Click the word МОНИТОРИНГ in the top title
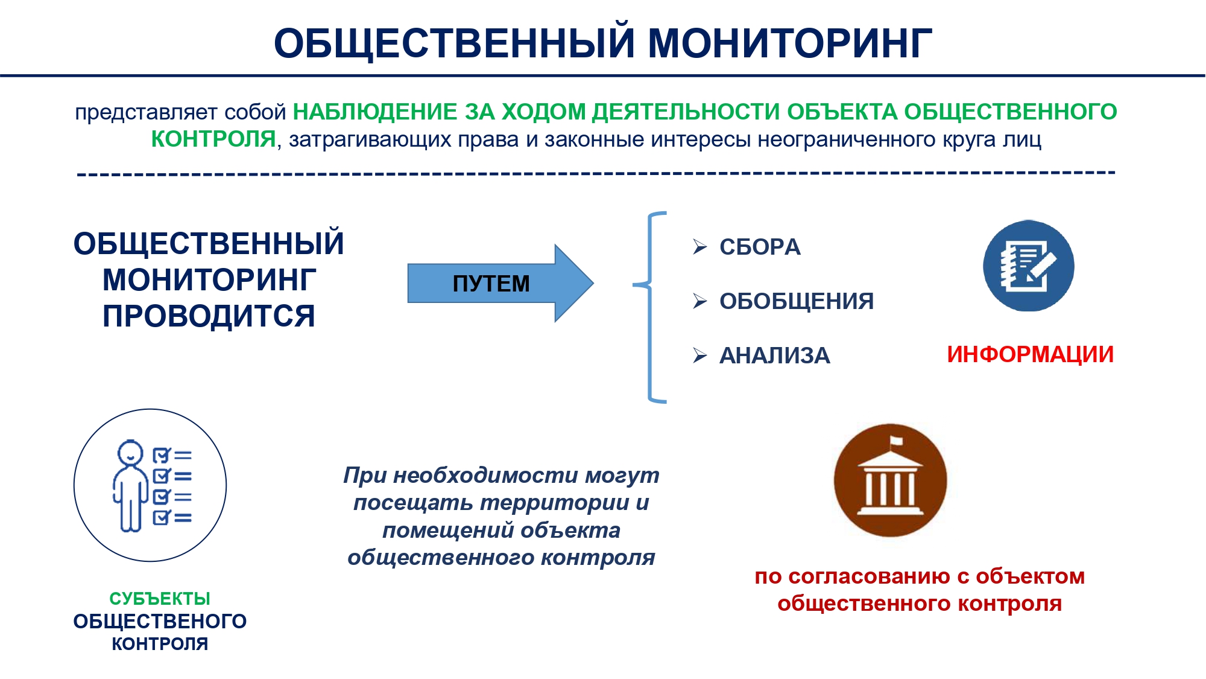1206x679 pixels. point(790,43)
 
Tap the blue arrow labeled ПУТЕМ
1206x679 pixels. point(500,283)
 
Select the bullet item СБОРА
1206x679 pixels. point(760,247)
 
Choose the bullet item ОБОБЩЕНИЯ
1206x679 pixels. point(797,301)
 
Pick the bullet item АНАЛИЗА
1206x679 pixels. point(775,355)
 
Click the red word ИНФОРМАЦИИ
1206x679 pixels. point(1031,354)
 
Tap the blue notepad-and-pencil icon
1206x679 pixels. point(1029,266)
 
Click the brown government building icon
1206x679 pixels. point(890,480)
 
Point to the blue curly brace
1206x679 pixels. point(649,307)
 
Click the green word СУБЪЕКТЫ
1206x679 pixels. point(160,599)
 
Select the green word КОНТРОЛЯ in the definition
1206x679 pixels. point(213,139)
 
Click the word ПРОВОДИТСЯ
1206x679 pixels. point(209,316)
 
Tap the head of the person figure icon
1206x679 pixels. point(130,453)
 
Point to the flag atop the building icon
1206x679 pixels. point(896,441)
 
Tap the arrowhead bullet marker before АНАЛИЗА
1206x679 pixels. point(700,355)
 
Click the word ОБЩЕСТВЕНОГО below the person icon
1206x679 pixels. point(160,621)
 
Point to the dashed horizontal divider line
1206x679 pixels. point(596,174)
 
